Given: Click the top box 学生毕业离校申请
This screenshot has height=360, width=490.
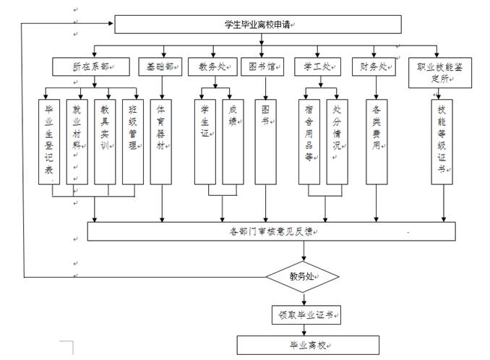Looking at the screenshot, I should click(x=258, y=25).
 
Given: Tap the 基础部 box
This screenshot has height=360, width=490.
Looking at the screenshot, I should click(x=160, y=67).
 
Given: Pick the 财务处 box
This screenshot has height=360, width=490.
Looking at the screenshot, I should click(x=373, y=67).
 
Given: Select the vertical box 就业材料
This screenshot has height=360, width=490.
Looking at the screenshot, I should click(x=77, y=141).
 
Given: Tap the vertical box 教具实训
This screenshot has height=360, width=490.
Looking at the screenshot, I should click(x=105, y=141).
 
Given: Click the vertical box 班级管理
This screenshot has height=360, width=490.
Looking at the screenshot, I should click(x=132, y=141).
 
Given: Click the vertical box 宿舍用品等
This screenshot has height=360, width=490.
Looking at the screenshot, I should click(x=309, y=141).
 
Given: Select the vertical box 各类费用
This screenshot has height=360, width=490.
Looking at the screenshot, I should click(x=377, y=141).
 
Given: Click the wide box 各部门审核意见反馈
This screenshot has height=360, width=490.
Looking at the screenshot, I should click(x=271, y=231).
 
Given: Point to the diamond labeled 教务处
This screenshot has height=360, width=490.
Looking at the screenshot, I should click(x=303, y=275).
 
